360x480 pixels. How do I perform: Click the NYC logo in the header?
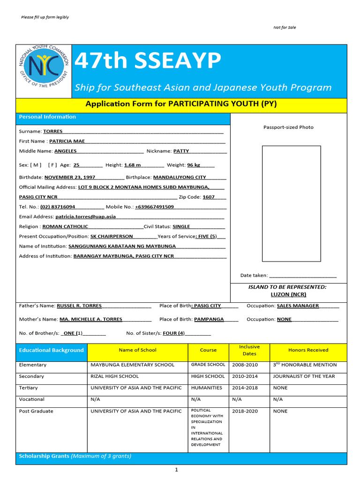click(44, 71)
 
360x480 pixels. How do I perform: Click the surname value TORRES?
click(52, 131)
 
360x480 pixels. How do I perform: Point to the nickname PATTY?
click(181, 151)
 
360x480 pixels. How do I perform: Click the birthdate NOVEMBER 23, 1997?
click(70, 177)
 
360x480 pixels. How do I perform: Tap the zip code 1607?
click(209, 197)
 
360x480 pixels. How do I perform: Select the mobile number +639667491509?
click(154, 207)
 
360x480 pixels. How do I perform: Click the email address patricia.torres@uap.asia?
click(85, 217)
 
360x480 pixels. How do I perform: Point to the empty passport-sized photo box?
click(291, 203)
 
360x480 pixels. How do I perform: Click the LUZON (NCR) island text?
click(288, 294)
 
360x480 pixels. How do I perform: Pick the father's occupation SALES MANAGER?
click(298, 306)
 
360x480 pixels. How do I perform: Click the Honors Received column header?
click(308, 350)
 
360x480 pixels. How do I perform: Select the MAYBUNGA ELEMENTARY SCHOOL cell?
click(132, 365)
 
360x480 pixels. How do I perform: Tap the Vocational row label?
click(32, 399)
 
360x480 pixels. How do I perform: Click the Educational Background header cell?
click(51, 350)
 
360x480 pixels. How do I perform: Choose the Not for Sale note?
click(285, 28)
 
